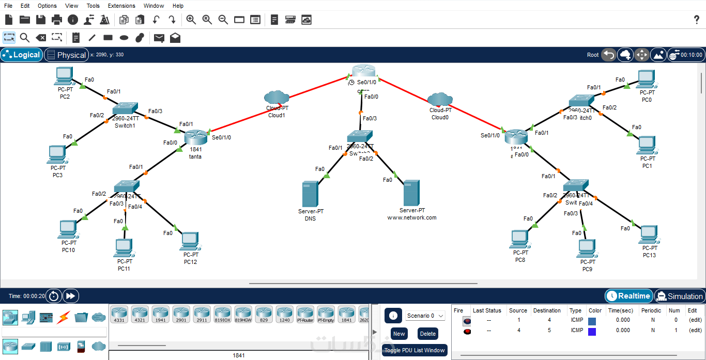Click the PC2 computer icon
(x=64, y=76)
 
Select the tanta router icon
(x=195, y=137)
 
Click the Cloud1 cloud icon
(x=277, y=97)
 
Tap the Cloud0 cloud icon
(x=440, y=99)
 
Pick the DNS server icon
(x=310, y=194)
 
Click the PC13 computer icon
(x=649, y=235)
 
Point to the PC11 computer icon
(x=124, y=248)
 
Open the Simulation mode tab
(x=679, y=296)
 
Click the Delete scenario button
(x=428, y=334)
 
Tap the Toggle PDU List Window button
(x=415, y=350)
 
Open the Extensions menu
(x=121, y=6)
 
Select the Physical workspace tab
(x=66, y=55)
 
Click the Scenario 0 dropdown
(x=425, y=316)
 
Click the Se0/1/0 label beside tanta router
(x=222, y=137)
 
